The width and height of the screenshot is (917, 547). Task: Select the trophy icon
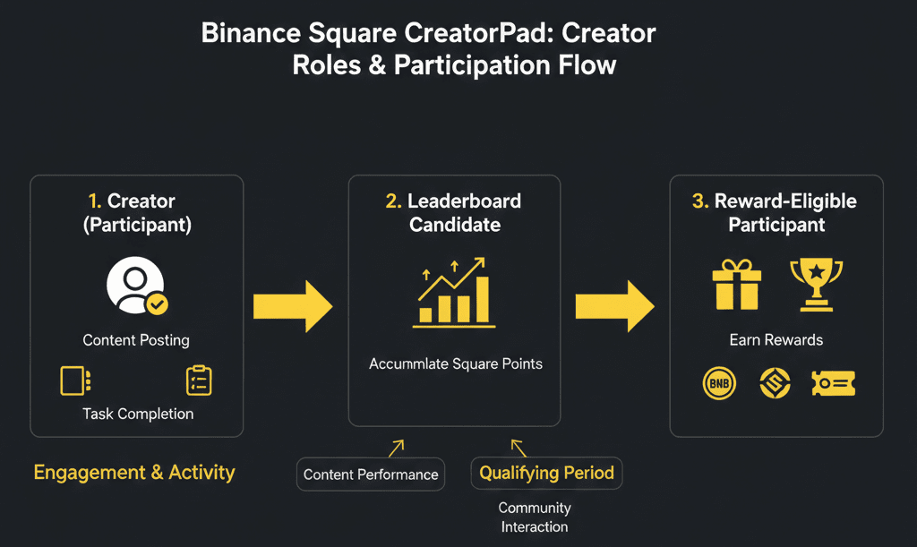(x=816, y=283)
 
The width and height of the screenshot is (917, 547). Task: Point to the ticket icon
(x=833, y=383)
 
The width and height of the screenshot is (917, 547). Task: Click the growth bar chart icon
(x=454, y=290)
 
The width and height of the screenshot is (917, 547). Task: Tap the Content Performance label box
(x=371, y=474)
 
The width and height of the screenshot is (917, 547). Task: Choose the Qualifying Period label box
(x=546, y=473)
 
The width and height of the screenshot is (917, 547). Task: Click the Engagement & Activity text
(x=134, y=472)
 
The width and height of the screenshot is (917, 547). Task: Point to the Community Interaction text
(x=535, y=517)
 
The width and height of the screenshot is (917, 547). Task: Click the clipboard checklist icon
(x=198, y=380)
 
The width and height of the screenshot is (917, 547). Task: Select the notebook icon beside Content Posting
(x=73, y=380)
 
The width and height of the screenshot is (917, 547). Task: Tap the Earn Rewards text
(x=776, y=340)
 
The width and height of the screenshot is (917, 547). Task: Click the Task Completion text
(x=137, y=414)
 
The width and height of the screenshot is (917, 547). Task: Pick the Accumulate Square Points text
(x=455, y=364)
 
